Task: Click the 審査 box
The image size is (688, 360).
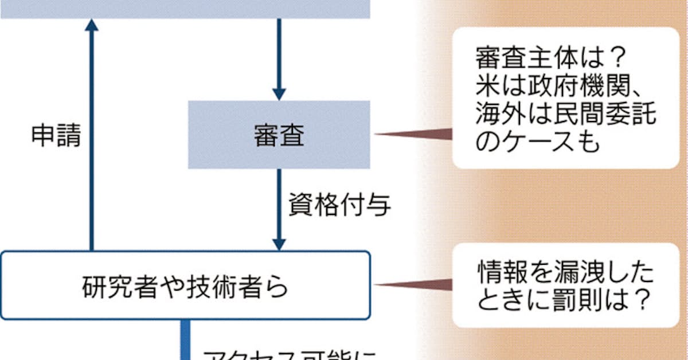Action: tap(279, 135)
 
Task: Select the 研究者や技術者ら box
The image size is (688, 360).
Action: tap(185, 285)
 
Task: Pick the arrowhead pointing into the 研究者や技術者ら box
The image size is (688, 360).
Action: tap(279, 243)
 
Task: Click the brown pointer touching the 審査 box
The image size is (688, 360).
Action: tap(413, 135)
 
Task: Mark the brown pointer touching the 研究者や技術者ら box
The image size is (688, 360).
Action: tap(413, 284)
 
